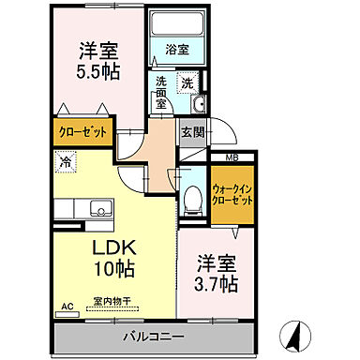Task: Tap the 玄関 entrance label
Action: [x=191, y=131]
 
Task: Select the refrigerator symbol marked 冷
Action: [x=66, y=161]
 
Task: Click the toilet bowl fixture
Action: [x=192, y=198]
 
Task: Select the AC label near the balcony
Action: [x=67, y=307]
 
